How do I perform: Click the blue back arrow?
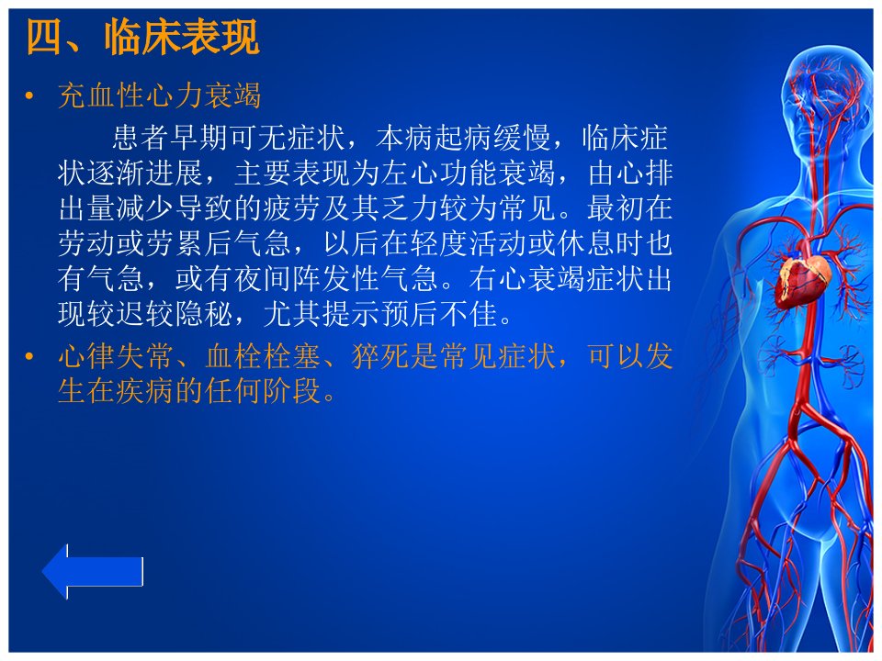point(93,571)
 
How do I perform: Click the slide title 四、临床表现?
point(143,37)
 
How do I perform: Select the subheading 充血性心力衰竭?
point(160,95)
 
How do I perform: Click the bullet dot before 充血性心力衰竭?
point(29,96)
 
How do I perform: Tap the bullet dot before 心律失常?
point(29,356)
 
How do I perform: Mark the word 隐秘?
point(204,314)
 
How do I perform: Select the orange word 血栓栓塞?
point(263,356)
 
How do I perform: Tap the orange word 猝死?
point(380,356)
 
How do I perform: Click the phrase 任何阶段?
point(263,391)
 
